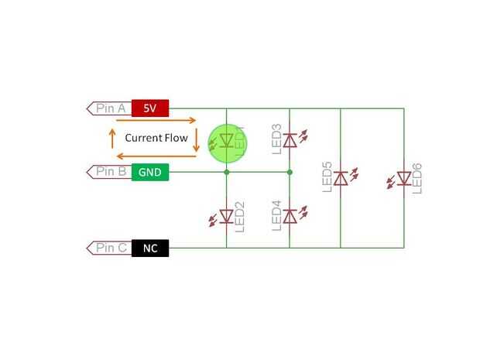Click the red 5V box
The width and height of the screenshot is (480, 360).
point(150,108)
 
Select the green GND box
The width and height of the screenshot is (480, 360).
point(150,172)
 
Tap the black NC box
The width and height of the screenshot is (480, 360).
point(150,248)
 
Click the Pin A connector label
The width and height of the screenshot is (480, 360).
point(110,108)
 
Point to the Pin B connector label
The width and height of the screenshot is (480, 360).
point(110,172)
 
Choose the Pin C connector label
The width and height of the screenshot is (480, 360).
point(110,248)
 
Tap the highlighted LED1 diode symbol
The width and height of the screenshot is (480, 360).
point(226,140)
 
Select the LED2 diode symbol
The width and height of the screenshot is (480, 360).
point(226,215)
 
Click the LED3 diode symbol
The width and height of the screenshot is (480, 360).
point(290,139)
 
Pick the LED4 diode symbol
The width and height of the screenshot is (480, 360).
point(290,215)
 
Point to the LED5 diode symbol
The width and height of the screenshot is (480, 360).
point(341,179)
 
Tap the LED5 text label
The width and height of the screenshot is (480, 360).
point(327,177)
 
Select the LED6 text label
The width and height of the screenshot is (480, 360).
point(418,179)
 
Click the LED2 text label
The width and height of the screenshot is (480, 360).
point(240,217)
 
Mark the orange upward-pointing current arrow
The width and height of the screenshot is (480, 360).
point(113,139)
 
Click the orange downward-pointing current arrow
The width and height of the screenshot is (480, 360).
point(197,139)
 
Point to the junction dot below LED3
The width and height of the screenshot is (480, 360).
point(290,172)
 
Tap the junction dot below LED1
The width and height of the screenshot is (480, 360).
point(226,172)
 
